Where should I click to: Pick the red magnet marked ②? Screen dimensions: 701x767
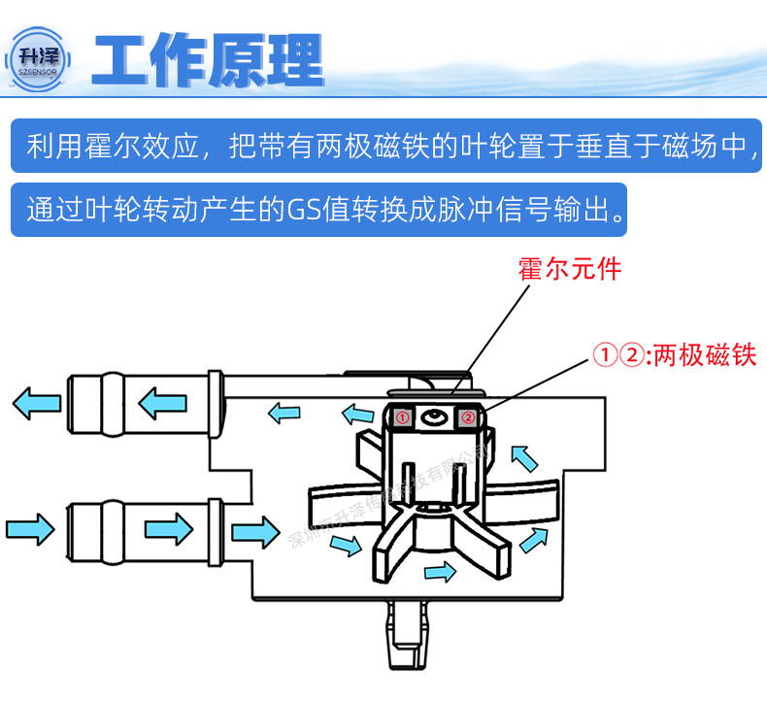467,417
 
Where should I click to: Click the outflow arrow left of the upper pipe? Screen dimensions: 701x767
36,400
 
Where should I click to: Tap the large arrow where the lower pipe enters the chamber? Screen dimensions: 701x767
255,530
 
